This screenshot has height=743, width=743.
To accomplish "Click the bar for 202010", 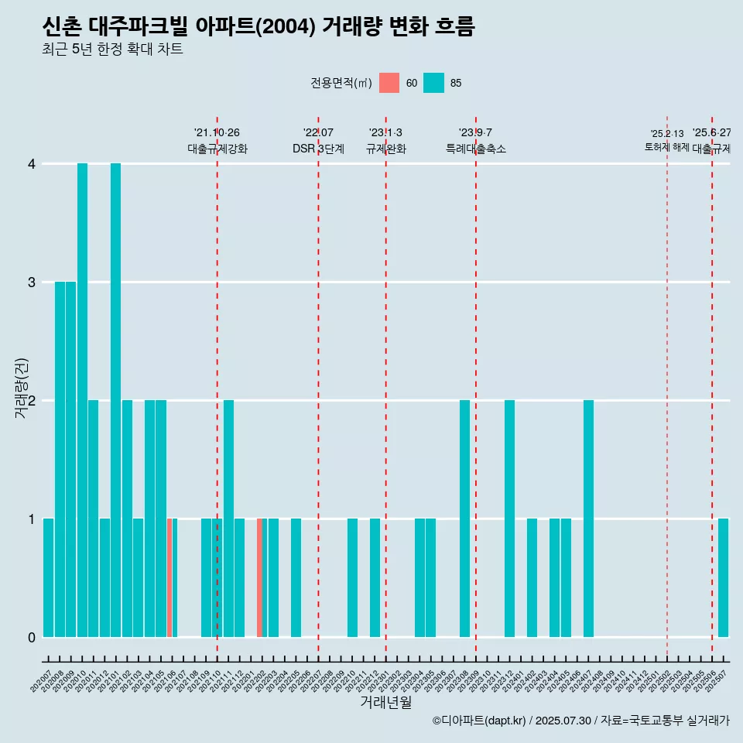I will pos(82,400).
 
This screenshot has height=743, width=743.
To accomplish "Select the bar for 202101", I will pos(115,400).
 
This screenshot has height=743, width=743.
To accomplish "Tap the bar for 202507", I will pos(723,577).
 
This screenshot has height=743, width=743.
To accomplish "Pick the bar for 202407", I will pos(588,519).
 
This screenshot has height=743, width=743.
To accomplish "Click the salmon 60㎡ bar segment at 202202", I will pos(259,577).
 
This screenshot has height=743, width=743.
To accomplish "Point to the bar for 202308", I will pos(464,519).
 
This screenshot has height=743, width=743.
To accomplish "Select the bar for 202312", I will pos(509,519).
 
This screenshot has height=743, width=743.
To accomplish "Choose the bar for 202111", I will pos(228,519).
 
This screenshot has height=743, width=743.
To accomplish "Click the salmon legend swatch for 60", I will pos(389,83).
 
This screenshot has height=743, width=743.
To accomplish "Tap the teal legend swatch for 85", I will pos(434,83).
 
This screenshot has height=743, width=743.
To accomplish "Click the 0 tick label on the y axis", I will pos(32,637).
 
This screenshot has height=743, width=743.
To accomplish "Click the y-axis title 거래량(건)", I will pos(21,387).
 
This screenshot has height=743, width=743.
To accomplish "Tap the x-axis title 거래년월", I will pos(385,702).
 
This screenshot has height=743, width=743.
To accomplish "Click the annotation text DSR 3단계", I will pos(318,149).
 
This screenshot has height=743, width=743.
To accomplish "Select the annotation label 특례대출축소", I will pos(475,149).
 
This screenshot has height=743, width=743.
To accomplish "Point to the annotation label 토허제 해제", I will pos(666,147).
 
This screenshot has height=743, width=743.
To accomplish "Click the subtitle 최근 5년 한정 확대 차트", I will pos(112,50).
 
